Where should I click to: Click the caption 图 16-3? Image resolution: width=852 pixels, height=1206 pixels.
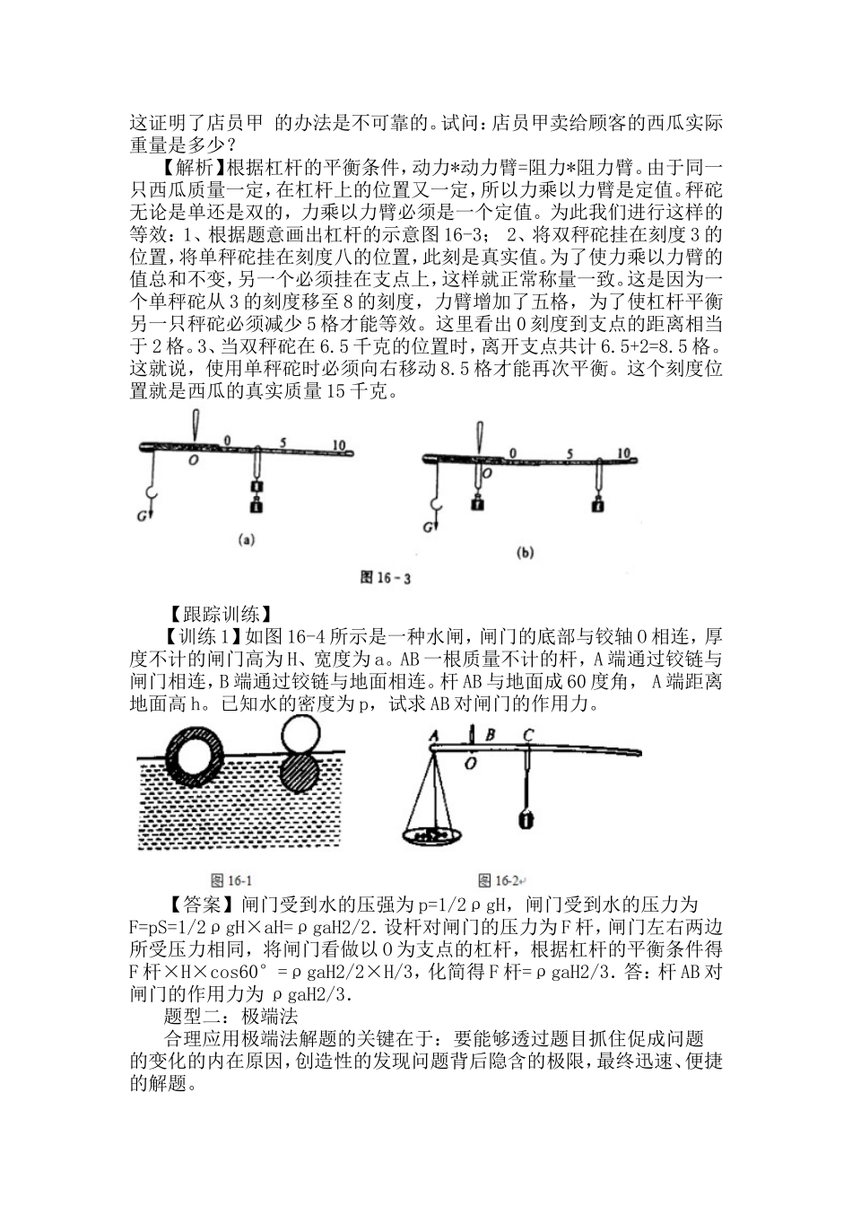pos(385,579)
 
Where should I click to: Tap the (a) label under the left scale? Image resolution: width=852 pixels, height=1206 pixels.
pos(245,541)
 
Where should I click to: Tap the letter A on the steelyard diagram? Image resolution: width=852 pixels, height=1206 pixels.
pos(434,734)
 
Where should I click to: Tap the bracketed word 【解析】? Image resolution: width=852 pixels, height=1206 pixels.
pos(191,167)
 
